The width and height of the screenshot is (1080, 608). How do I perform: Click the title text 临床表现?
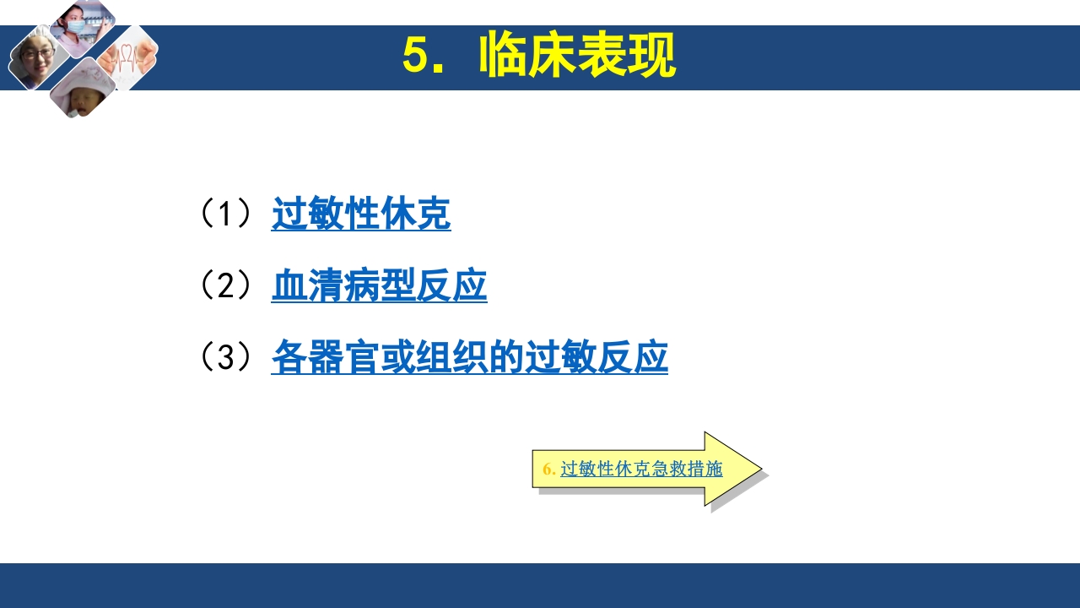coord(577,57)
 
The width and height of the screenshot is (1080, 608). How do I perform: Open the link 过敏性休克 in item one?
coord(361,214)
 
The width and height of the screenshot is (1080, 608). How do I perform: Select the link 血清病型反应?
coord(379,286)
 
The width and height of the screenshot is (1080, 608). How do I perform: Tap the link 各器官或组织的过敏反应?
coord(469,357)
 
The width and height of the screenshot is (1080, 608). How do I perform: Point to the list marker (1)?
coord(225,214)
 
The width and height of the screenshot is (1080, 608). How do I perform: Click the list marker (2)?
coord(225,286)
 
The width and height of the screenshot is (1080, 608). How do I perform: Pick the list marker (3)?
coord(225,357)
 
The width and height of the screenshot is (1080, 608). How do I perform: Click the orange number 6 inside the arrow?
coord(548,470)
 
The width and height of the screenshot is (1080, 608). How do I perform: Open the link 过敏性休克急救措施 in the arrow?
coord(641,470)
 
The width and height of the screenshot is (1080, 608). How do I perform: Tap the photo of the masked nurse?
coord(83,25)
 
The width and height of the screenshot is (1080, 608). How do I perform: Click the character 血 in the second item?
coord(288,286)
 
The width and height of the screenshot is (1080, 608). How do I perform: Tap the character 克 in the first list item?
coord(434,214)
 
